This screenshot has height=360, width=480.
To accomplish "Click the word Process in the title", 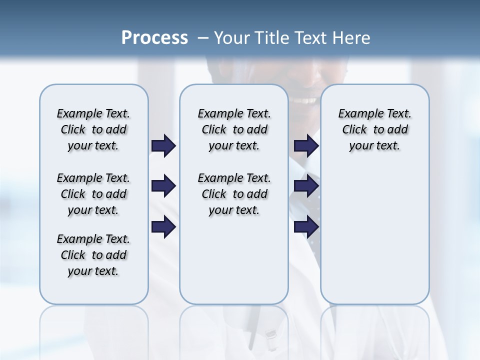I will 154,38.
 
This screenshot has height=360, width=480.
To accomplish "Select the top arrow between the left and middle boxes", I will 163,145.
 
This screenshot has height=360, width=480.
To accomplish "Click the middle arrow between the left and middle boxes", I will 163,186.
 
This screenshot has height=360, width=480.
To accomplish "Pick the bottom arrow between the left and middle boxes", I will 163,227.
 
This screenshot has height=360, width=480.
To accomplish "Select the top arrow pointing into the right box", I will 306,145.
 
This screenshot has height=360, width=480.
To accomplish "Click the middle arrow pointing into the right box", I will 306,186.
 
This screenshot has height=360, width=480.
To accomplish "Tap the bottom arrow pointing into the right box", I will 306,227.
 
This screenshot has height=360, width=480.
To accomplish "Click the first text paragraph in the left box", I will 93,129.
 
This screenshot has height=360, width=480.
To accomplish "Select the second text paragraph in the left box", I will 93,194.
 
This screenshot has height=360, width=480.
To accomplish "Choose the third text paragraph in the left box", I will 93,255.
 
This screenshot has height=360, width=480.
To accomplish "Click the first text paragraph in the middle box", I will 234,129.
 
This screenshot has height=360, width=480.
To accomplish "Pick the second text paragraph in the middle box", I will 234,194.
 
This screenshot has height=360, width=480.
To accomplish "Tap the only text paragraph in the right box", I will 374,129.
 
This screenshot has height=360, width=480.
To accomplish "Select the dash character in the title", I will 202,38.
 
